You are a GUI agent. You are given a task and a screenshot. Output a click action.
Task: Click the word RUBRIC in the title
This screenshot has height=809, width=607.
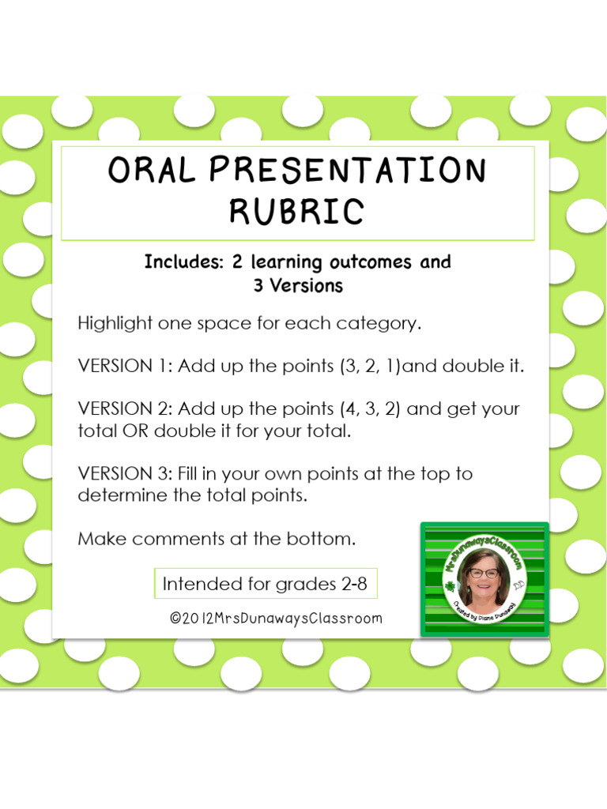click(297, 211)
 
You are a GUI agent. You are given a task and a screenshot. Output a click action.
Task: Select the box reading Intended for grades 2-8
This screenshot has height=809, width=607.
click(265, 585)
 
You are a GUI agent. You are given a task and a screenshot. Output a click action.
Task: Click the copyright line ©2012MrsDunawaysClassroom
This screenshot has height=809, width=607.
click(276, 619)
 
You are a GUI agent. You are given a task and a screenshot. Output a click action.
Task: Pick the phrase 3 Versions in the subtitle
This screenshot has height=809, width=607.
click(298, 286)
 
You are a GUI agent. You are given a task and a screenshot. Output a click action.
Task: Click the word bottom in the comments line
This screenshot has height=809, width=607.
click(325, 540)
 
